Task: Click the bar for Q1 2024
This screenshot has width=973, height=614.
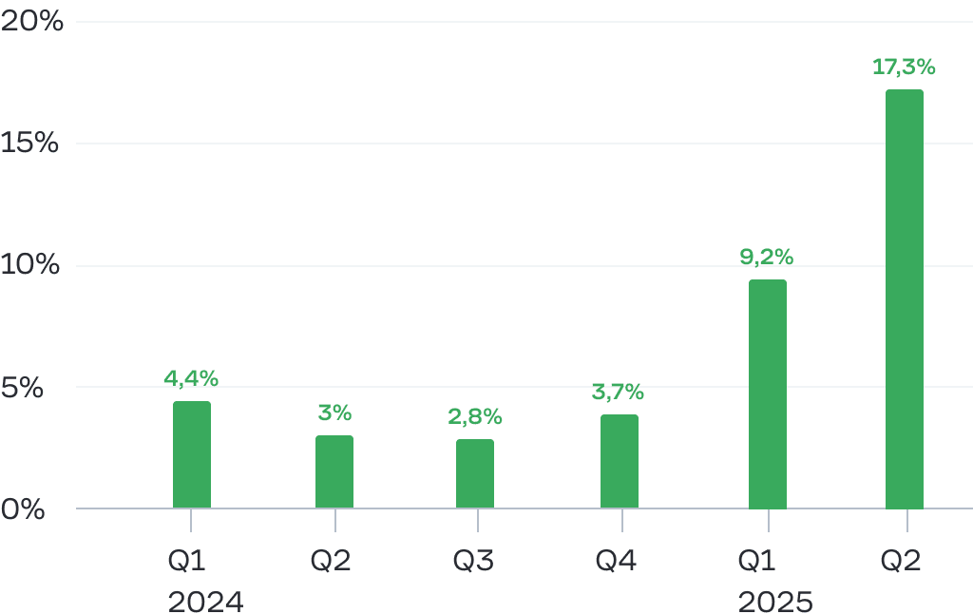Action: (192, 454)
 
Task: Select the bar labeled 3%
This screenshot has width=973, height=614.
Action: (334, 471)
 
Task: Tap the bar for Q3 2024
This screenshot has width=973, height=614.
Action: (475, 473)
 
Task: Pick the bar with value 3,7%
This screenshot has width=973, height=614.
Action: (620, 461)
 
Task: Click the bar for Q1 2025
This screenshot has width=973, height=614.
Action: (768, 393)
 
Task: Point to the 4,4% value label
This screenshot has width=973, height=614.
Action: (191, 378)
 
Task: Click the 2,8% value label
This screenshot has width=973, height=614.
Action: (475, 416)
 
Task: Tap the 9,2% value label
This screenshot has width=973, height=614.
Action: (767, 257)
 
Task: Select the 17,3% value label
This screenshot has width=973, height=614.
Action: (904, 67)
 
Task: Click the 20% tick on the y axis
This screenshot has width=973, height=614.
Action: (32, 22)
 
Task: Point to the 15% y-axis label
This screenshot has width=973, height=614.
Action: (32, 144)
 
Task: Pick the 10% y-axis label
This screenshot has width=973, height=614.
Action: (32, 265)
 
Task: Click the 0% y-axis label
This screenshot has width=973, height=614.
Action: (23, 508)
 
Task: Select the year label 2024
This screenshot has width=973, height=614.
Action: (206, 603)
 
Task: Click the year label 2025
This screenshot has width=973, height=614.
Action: (775, 603)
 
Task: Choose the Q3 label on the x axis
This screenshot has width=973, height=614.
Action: (473, 561)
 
